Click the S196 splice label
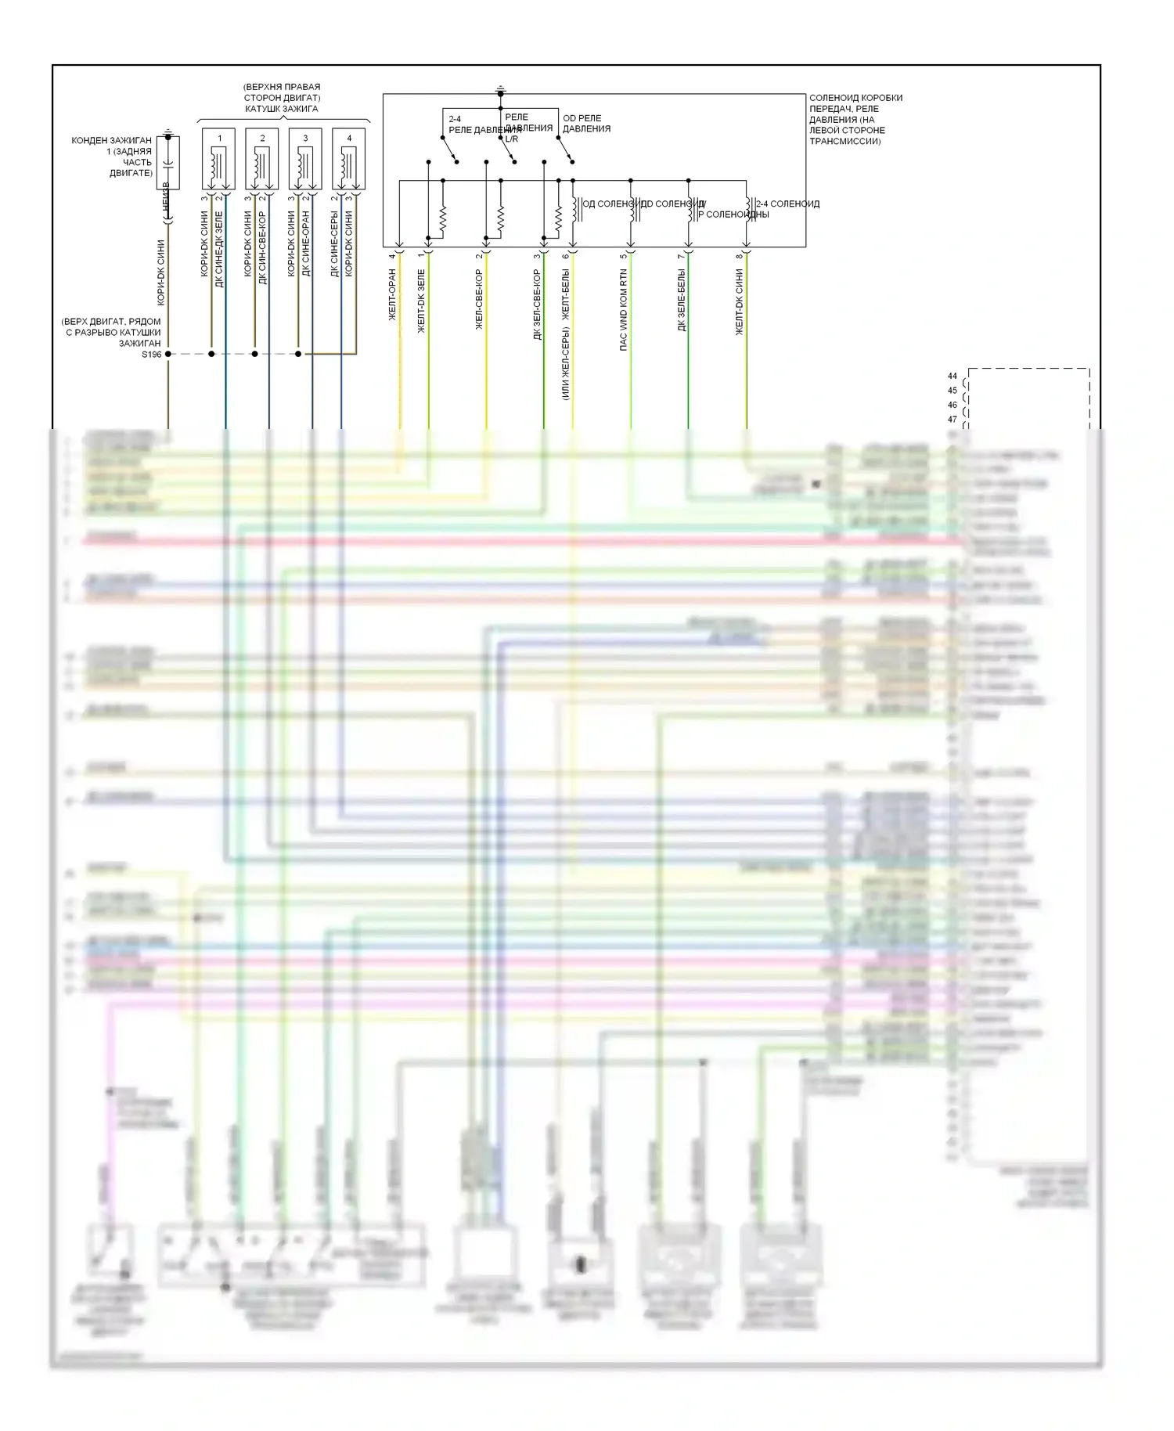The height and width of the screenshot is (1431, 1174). point(151,355)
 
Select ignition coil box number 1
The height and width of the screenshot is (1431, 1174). point(219,159)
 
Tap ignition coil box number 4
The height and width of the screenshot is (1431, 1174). point(349,159)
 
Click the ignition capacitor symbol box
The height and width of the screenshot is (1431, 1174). point(167,162)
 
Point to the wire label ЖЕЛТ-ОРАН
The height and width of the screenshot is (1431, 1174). point(393,294)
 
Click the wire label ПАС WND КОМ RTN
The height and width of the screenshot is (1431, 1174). point(624,309)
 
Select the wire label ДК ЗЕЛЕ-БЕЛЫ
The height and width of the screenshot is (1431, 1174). point(682,301)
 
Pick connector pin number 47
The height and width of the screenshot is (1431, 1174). point(953,420)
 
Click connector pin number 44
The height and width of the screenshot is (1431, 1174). point(953,377)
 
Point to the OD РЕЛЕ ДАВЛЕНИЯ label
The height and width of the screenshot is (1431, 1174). point(586,124)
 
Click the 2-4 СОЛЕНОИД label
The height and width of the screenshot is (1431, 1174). point(787,204)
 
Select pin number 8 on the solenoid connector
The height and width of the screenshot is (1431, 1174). point(739,255)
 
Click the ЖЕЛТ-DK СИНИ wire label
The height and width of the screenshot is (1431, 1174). point(740,302)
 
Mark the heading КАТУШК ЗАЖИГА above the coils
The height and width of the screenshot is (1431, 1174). point(282,109)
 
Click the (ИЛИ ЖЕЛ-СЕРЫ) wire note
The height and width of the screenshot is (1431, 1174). point(566,363)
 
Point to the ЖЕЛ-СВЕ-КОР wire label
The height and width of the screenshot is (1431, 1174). point(479,299)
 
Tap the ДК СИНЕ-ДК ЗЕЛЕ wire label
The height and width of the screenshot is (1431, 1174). point(218,249)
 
